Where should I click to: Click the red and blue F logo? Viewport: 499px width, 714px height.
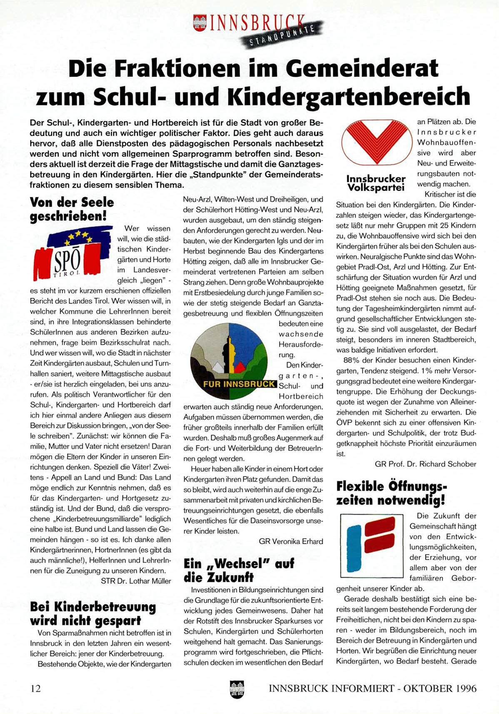372,543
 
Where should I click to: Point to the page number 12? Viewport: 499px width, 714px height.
36,689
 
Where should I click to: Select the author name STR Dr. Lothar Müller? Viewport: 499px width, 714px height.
136,581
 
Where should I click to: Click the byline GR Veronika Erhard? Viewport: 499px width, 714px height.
291,541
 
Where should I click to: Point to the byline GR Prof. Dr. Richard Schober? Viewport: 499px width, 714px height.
425,464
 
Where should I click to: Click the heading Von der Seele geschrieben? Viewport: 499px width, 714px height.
72,209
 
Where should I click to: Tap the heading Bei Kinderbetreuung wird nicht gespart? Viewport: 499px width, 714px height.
93,614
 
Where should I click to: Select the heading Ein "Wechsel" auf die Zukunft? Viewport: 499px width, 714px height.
239,570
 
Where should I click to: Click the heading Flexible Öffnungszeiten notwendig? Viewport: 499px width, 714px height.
392,493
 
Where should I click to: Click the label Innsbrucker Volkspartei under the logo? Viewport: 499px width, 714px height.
376,183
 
